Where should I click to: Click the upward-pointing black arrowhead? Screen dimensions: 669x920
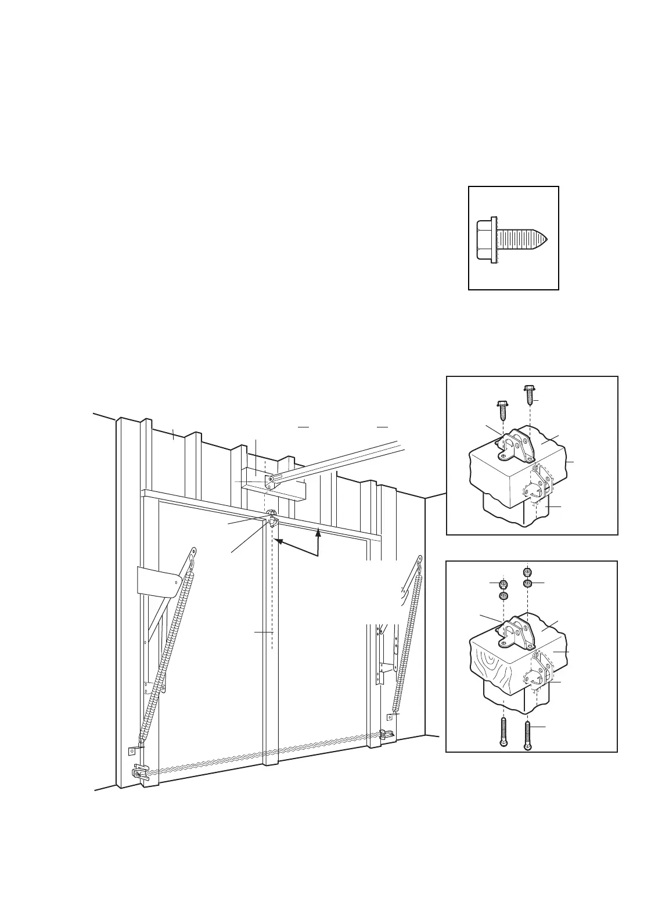point(318,531)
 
